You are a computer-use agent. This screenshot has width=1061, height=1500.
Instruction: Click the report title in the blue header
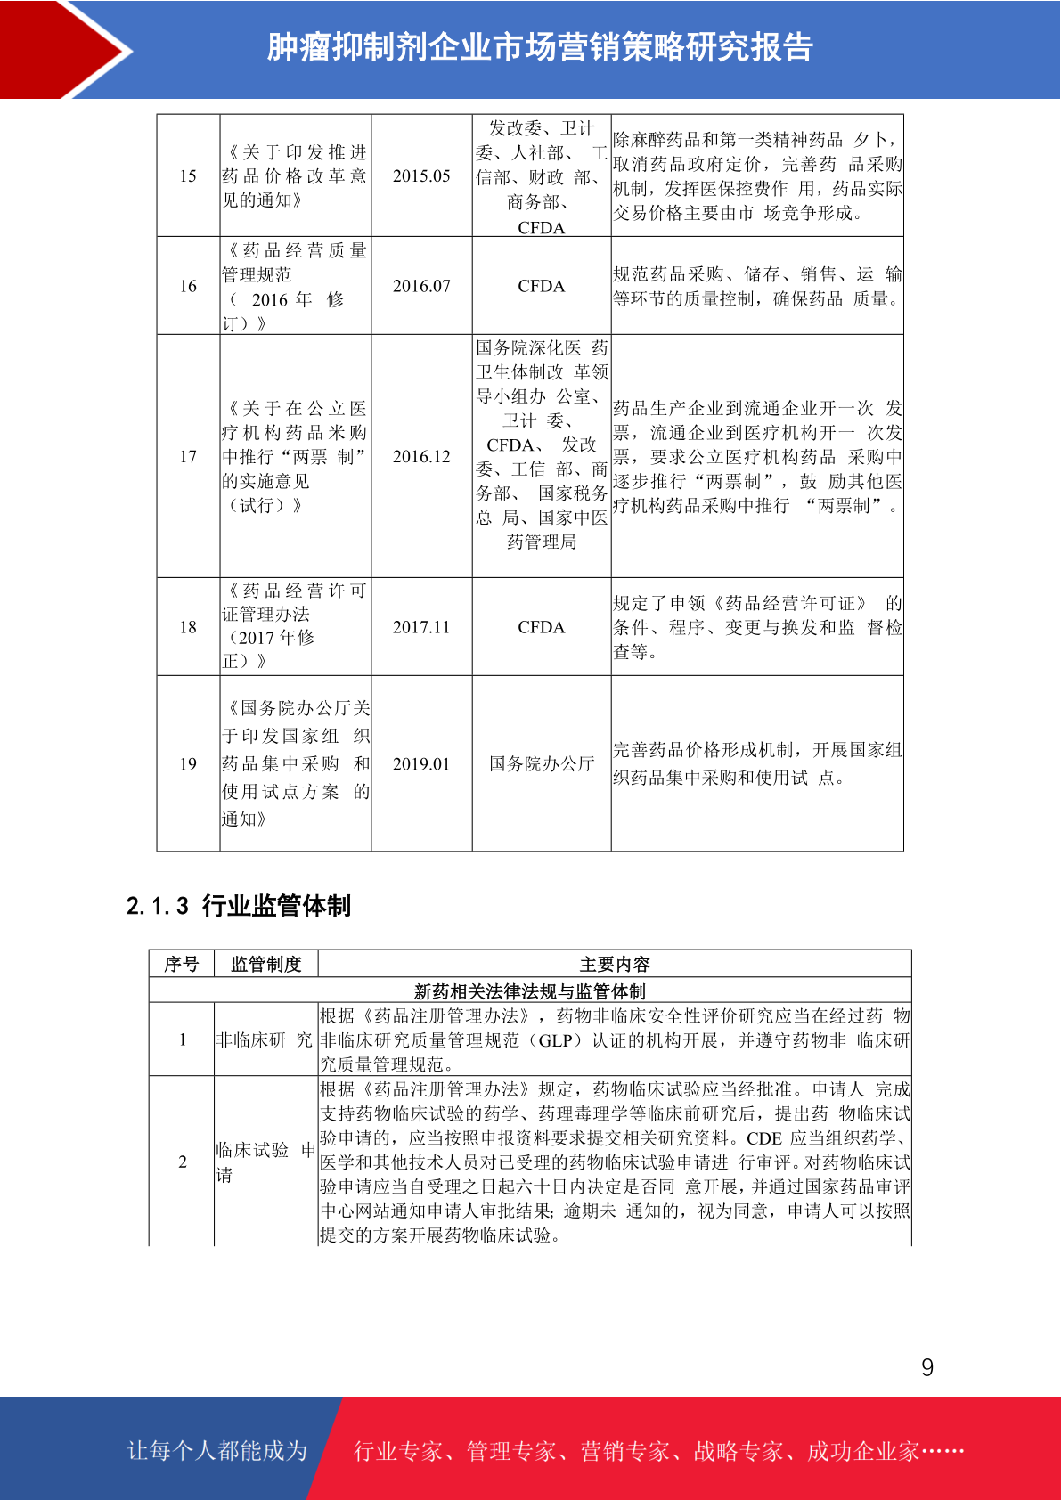point(540,48)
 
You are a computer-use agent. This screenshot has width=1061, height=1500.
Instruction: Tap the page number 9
point(927,1367)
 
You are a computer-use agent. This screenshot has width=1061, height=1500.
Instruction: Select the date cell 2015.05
point(421,176)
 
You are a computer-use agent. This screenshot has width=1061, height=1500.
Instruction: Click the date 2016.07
point(421,286)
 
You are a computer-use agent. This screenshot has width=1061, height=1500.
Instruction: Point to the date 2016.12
point(421,457)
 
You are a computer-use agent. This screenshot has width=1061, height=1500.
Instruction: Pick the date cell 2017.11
point(421,627)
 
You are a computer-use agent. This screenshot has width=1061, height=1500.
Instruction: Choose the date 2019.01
point(421,764)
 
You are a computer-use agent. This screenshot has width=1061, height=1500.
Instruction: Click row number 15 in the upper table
point(188,176)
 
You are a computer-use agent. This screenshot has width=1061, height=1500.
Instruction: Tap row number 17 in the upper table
point(188,457)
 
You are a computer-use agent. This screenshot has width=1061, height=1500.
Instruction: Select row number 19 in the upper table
point(188,764)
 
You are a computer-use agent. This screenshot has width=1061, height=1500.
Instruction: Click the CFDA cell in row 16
point(541,286)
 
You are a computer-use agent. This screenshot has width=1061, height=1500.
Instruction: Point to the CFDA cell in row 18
point(541,627)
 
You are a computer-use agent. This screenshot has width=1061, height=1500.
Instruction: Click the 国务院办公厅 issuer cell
point(541,764)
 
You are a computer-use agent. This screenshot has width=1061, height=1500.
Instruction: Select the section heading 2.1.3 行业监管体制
point(239,906)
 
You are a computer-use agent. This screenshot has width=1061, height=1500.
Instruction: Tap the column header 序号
point(182,964)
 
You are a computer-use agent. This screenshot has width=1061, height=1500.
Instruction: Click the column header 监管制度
point(266,964)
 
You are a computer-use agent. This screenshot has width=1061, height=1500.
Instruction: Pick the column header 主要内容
point(615,964)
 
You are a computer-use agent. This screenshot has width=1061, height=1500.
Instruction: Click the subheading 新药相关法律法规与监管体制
point(530,990)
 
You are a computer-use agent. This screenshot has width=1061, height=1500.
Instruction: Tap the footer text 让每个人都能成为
point(217,1450)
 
